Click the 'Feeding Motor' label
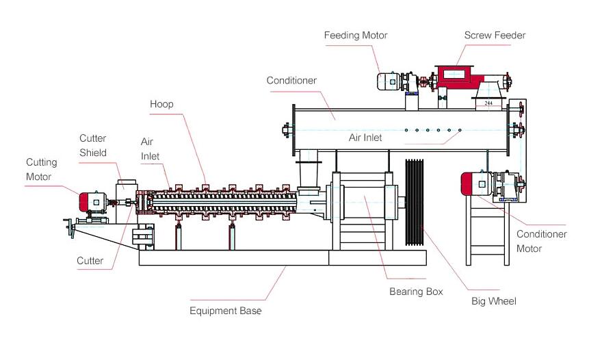tap(355, 36)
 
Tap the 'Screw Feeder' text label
tap(495, 36)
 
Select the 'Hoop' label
tap(161, 104)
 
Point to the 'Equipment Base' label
tap(225, 311)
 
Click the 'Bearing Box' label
tap(416, 292)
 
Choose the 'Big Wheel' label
tap(494, 301)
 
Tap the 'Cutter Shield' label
tap(93, 145)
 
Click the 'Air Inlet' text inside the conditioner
tap(365, 138)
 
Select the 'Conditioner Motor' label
tap(541, 241)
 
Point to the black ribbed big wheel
tap(415, 202)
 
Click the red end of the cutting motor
tap(83, 202)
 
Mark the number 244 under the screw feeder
tap(488, 103)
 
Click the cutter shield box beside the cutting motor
tap(126, 201)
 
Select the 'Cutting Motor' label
tap(41, 170)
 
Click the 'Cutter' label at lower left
tap(90, 261)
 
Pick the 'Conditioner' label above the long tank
tap(291, 80)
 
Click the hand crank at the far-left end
tap(70, 228)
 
